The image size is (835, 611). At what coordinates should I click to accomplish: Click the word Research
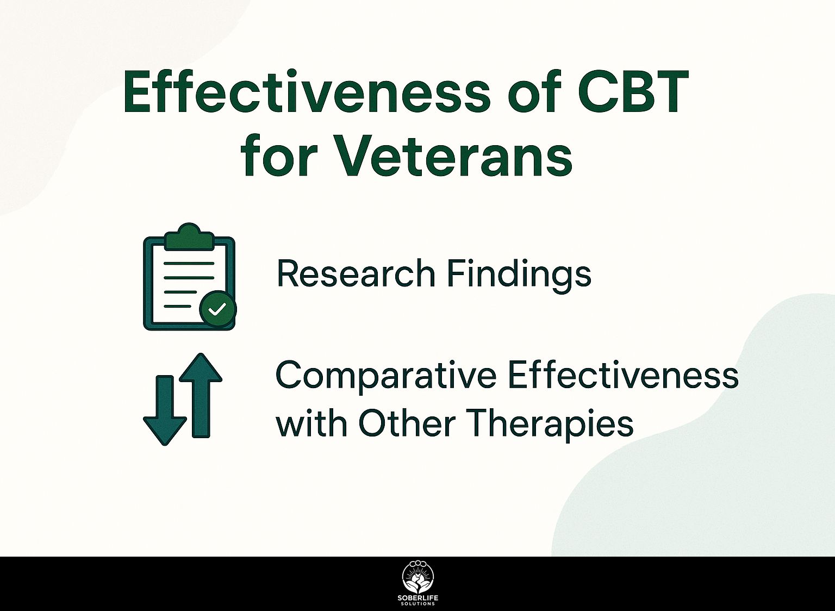point(356,273)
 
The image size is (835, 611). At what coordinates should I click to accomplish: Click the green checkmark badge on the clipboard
point(217,309)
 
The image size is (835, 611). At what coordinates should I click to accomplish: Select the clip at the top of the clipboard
point(189,236)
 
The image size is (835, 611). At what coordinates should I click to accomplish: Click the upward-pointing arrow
point(201,395)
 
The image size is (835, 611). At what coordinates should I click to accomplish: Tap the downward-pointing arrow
point(165,410)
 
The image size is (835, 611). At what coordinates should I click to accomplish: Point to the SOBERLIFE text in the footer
point(418,598)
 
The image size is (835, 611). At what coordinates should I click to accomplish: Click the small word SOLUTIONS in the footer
point(418,604)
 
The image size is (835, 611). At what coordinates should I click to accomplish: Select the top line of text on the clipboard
point(189,263)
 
